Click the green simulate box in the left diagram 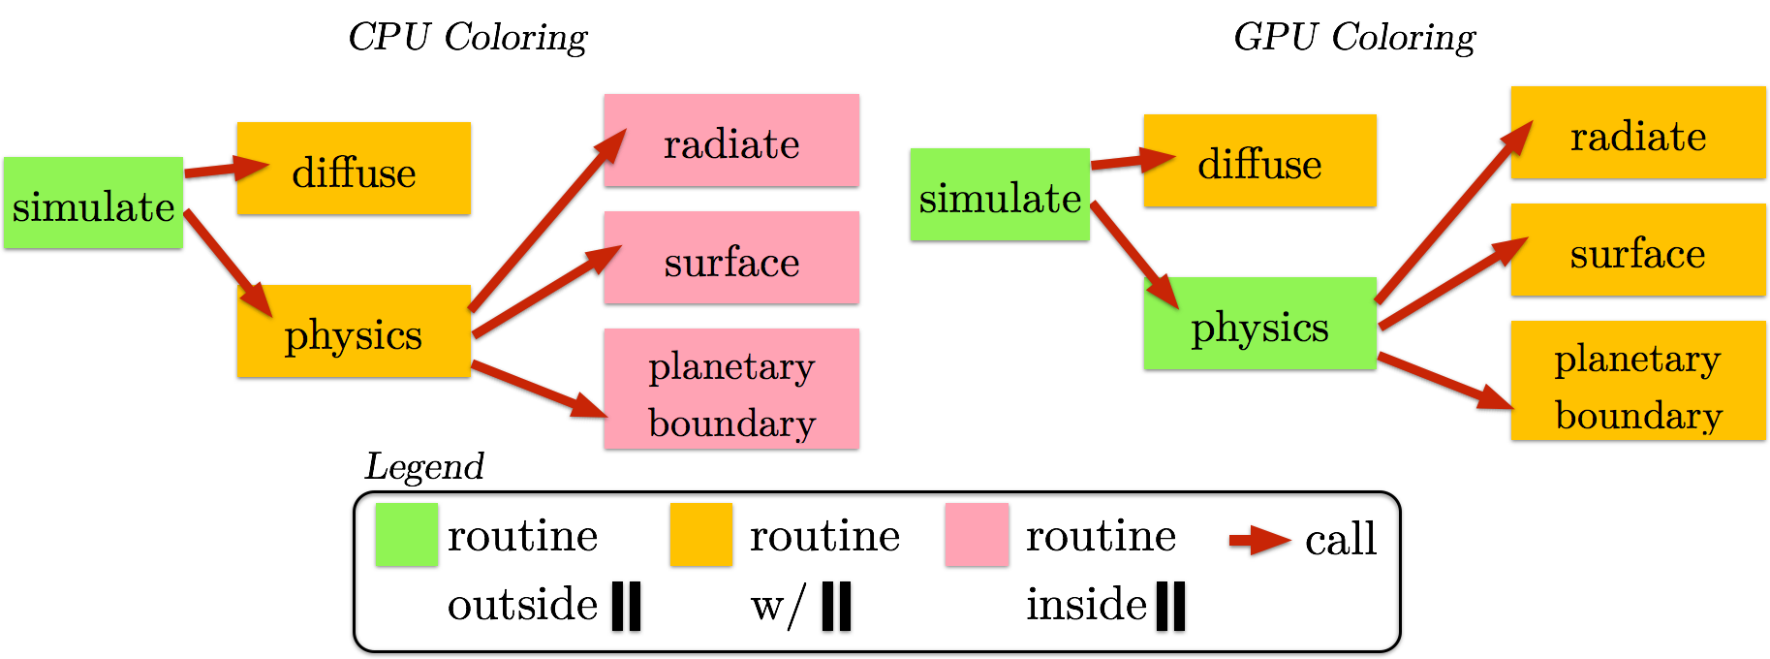click(x=93, y=203)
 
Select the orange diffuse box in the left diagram click(x=354, y=168)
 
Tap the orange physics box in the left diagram click(x=354, y=330)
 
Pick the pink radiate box click(x=731, y=140)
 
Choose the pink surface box click(x=731, y=257)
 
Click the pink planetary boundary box click(x=731, y=389)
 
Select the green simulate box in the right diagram click(x=1000, y=194)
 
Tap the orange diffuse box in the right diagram click(x=1259, y=160)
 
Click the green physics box click(x=1259, y=323)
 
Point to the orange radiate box click(x=1638, y=132)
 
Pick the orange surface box click(x=1638, y=249)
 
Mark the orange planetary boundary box click(x=1638, y=380)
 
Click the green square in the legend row click(x=407, y=534)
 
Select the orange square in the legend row click(x=701, y=534)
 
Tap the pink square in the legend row click(x=977, y=534)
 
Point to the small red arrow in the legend click(x=1259, y=540)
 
